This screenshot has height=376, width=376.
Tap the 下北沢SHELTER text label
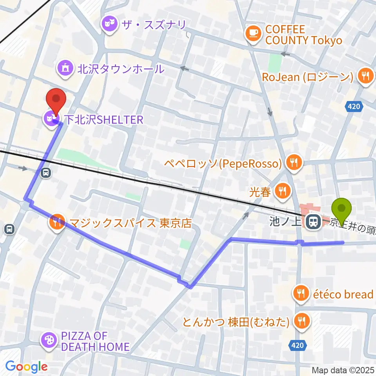tap(103, 120)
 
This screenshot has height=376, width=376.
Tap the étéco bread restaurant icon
tap(301, 294)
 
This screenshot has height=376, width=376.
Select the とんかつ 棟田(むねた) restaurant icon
tap(301, 322)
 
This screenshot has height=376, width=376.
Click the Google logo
tap(26, 367)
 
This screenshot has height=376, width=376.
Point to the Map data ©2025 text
tap(343, 370)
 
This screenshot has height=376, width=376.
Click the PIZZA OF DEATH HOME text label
tap(95, 341)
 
